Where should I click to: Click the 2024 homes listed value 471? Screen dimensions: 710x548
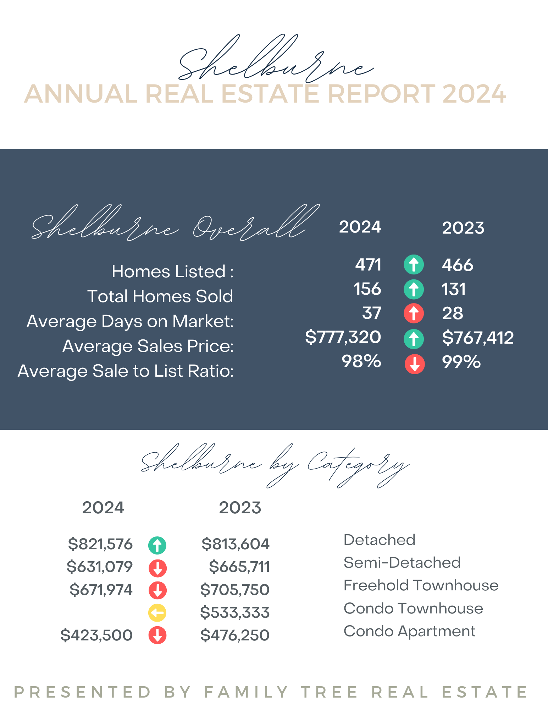click(368, 265)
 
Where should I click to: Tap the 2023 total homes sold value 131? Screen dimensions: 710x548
click(454, 289)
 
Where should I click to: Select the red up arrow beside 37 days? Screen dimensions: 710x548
click(414, 313)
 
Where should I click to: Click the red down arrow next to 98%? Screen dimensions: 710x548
click(415, 364)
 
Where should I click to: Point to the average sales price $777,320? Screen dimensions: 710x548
click(343, 337)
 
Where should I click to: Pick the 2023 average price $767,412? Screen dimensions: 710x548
click(478, 338)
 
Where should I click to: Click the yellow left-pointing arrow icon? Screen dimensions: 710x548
click(157, 613)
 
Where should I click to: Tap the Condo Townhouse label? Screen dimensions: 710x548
click(413, 608)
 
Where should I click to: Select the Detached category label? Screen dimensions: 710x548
click(379, 540)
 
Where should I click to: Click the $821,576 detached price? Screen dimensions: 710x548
click(100, 544)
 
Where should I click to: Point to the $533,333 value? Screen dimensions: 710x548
click(235, 613)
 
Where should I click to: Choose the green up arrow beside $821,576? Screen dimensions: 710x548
click(157, 545)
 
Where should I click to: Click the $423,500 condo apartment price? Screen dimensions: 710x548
click(96, 635)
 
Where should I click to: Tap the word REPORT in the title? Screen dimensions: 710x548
click(381, 94)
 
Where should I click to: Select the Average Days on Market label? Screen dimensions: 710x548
click(130, 321)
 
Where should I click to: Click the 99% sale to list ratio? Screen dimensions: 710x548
click(461, 362)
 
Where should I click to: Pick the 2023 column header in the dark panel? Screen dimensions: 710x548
click(463, 228)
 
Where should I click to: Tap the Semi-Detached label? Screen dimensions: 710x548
click(402, 563)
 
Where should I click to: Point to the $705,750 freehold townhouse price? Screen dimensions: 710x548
click(235, 590)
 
